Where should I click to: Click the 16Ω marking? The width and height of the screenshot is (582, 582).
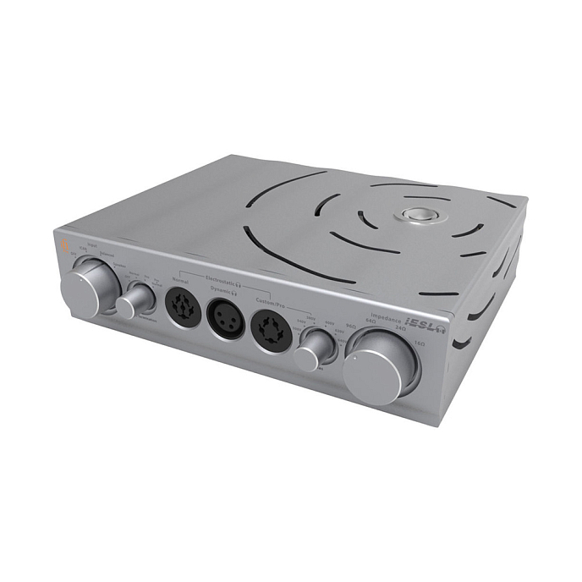coord(420,343)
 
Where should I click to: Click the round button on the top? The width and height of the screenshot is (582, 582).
coord(416,214)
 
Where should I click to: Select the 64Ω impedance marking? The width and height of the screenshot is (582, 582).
coord(370,321)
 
